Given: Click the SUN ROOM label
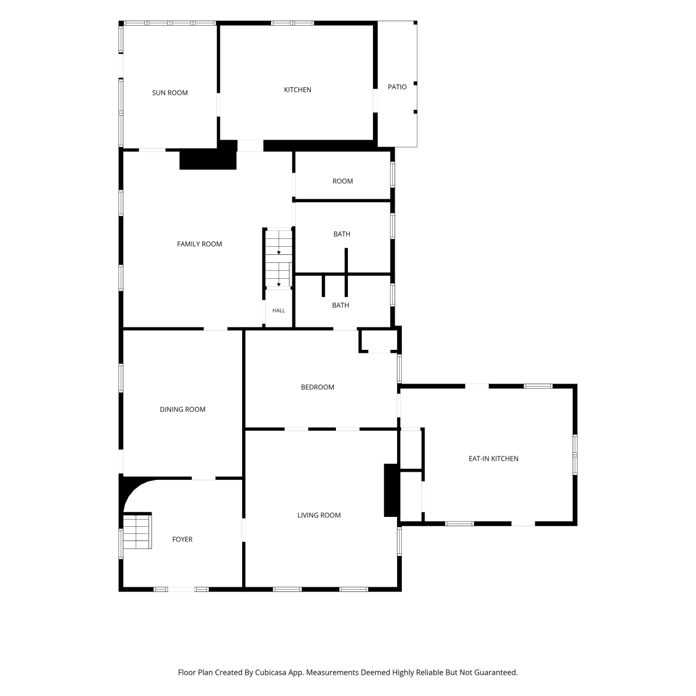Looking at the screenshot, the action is pyautogui.click(x=170, y=93).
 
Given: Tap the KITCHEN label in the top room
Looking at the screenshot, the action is pyautogui.click(x=297, y=90).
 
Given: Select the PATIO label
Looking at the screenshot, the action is pyautogui.click(x=397, y=87).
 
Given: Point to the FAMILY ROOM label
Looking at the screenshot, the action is pyautogui.click(x=200, y=244).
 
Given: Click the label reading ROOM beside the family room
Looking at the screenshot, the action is pyautogui.click(x=342, y=181).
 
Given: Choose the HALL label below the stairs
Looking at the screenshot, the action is pyautogui.click(x=279, y=310).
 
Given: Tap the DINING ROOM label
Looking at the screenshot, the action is pyautogui.click(x=182, y=409).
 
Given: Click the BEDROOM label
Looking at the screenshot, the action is pyautogui.click(x=317, y=387).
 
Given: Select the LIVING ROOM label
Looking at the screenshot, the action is pyautogui.click(x=319, y=515).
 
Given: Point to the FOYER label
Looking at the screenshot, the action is pyautogui.click(x=182, y=539).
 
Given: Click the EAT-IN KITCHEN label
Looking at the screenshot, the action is pyautogui.click(x=493, y=458).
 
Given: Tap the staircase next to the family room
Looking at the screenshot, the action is pyautogui.click(x=278, y=258).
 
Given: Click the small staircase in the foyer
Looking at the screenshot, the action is pyautogui.click(x=137, y=532).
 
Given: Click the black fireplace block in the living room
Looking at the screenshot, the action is pyautogui.click(x=391, y=490).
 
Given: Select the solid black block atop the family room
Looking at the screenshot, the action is pyautogui.click(x=208, y=159).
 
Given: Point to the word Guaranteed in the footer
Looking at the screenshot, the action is pyautogui.click(x=496, y=672).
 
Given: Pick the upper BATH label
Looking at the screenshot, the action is pyautogui.click(x=342, y=234).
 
